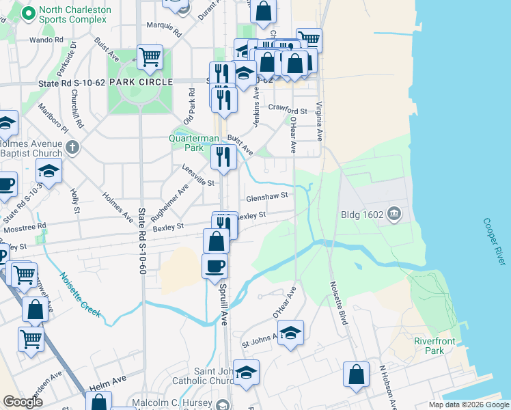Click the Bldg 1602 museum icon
(393, 215)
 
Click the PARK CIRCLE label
(141, 82)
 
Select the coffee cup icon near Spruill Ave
(215, 265)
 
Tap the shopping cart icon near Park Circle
(150, 57)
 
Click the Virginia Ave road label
(319, 121)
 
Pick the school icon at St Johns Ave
(290, 333)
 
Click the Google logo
(23, 402)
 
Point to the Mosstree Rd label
(23, 225)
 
